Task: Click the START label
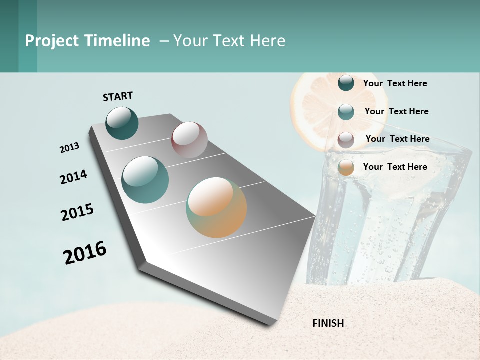tap(118, 96)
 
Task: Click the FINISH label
tap(328, 323)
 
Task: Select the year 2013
tap(69, 148)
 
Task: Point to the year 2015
tap(77, 212)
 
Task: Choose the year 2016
tap(85, 253)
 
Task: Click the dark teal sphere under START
tap(122, 123)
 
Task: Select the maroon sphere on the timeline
tap(189, 140)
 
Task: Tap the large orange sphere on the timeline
tap(216, 207)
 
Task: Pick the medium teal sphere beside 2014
tap(145, 180)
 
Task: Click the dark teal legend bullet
tap(346, 83)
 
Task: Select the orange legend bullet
tap(346, 167)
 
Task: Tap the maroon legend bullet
tap(346, 140)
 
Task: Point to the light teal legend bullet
tap(346, 112)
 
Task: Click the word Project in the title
tap(52, 41)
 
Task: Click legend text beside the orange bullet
tap(395, 167)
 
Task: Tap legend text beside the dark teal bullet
tap(395, 83)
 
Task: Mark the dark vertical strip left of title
tap(9, 36)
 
